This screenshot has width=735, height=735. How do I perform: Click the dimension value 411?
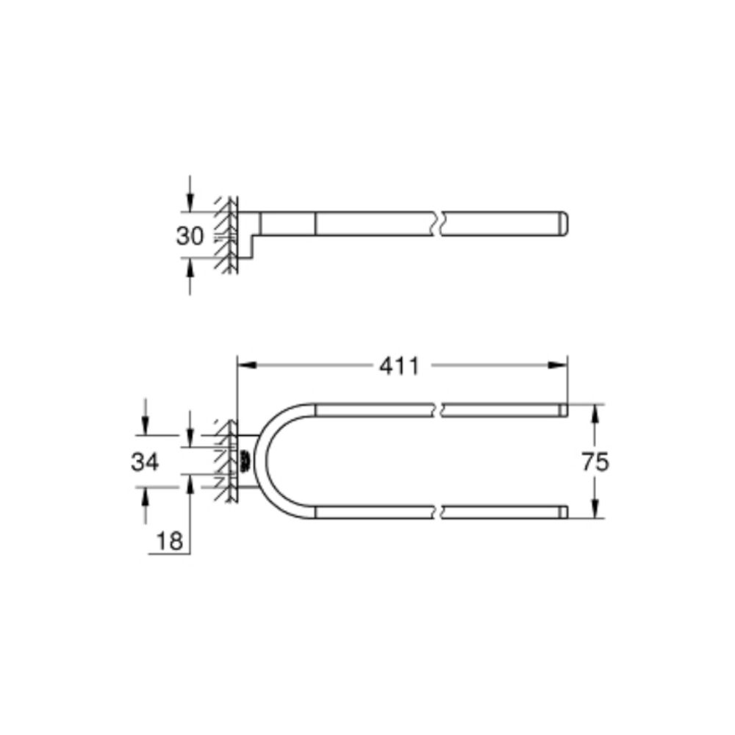(399, 365)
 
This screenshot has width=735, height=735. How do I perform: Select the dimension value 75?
(595, 462)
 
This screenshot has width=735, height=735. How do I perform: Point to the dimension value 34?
(145, 462)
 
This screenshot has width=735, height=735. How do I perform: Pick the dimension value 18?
(169, 541)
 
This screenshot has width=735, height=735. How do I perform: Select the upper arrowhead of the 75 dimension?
(595, 414)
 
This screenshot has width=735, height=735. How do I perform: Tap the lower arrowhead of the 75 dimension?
(595, 509)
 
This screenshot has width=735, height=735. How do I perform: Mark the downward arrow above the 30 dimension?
(190, 201)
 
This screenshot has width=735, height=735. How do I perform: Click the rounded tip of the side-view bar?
(567, 224)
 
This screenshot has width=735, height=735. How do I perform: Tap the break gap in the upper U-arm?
(441, 410)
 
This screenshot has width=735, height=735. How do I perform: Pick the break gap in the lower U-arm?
(441, 512)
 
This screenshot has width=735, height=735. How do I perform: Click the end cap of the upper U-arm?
(563, 410)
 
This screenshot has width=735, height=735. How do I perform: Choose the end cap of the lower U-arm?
(563, 512)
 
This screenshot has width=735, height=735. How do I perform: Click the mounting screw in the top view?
(243, 462)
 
